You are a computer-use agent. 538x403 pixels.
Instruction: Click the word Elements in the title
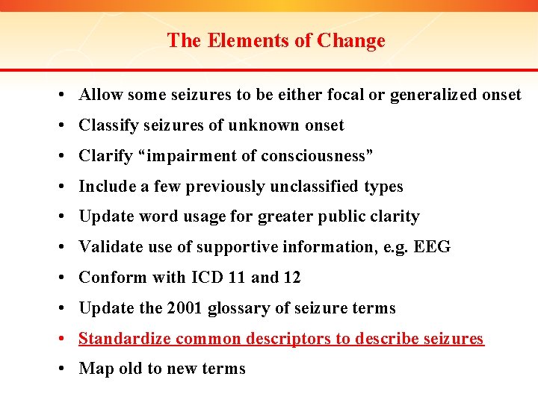click(x=239, y=40)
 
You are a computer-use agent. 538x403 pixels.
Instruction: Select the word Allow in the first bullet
click(x=101, y=95)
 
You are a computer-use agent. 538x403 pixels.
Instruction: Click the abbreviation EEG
click(x=433, y=247)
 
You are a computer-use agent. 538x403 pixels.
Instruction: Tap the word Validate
click(x=111, y=247)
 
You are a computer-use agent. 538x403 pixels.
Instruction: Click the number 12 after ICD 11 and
click(x=291, y=278)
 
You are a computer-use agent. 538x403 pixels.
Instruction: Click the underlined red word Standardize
click(x=123, y=339)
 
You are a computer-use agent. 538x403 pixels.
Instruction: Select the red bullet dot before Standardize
click(x=67, y=339)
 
